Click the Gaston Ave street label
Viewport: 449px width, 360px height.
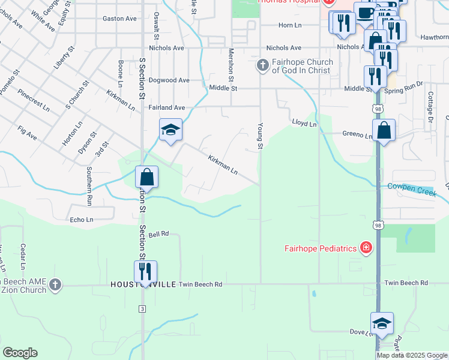[x=120, y=19]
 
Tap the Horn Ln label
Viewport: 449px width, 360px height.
[x=289, y=25]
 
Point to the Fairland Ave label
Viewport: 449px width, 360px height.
[x=166, y=107]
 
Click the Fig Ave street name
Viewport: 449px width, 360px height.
[x=28, y=133]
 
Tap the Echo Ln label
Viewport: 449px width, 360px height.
[x=82, y=220]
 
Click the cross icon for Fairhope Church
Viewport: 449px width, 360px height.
[x=262, y=65]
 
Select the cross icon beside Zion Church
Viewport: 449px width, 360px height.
[x=55, y=284]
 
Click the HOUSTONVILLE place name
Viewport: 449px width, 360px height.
[x=142, y=284]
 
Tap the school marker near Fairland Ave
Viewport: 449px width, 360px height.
[x=170, y=130]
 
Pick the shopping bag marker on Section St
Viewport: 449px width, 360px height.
[x=146, y=177]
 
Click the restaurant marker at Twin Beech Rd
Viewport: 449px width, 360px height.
[x=145, y=271]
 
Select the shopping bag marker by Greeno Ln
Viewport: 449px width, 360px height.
[x=384, y=130]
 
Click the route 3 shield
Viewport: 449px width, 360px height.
[x=142, y=308]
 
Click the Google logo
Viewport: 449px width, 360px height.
[x=20, y=353]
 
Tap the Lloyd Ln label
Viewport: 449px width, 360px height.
[x=304, y=124]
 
